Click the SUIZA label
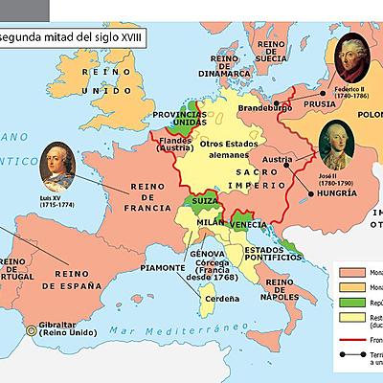(202, 204)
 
